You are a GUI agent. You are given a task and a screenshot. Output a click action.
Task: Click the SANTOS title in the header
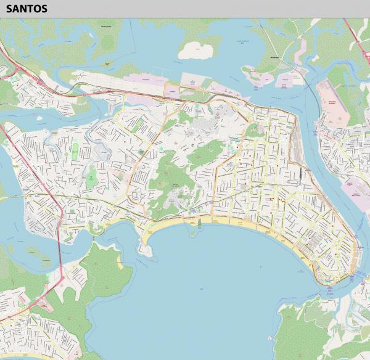(27, 9)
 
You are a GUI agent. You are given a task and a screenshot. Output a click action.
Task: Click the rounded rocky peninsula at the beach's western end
(146, 249)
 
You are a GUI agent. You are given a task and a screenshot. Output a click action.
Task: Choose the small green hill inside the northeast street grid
(252, 130)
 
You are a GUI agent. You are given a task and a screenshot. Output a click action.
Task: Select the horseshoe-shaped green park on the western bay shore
(95, 229)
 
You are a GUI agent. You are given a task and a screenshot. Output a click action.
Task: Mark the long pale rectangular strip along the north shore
(123, 81)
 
